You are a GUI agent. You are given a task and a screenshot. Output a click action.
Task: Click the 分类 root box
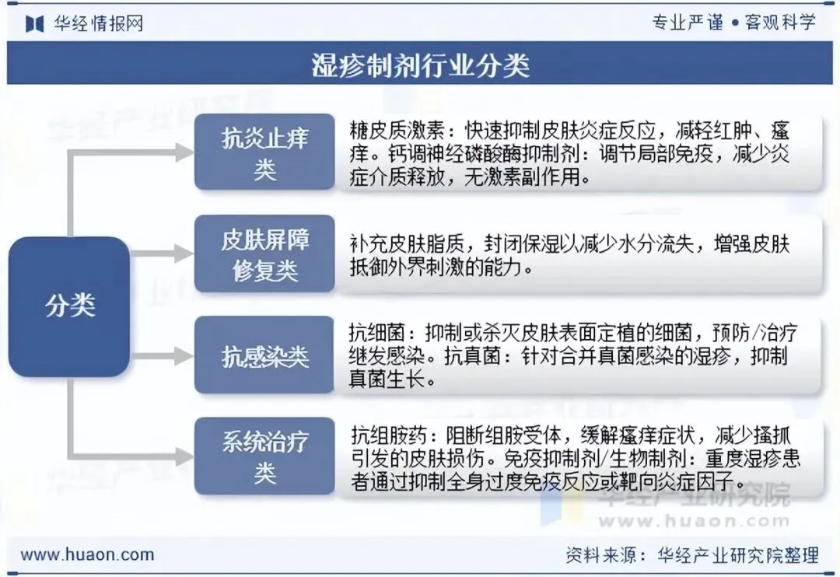[70, 306]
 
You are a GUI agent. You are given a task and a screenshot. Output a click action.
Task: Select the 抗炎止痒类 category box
[264, 153]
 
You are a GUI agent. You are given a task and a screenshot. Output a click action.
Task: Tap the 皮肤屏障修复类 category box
[264, 254]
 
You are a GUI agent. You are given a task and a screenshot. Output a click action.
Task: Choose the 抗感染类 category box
[264, 357]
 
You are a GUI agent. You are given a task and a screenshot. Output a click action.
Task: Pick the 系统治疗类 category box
[264, 456]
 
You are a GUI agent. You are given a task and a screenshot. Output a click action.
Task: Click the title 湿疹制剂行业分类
[420, 65]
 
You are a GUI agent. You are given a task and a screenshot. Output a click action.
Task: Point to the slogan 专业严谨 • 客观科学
[733, 23]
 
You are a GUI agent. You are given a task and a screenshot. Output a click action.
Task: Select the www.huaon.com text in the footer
[87, 554]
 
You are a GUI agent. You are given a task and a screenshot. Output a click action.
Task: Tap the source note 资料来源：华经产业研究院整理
[691, 554]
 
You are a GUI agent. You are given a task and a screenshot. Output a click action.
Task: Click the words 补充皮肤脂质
[397, 244]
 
